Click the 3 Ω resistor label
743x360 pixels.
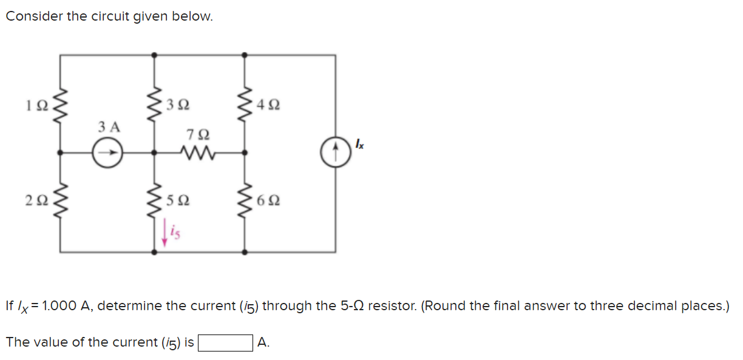click(x=178, y=104)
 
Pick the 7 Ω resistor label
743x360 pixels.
click(x=200, y=133)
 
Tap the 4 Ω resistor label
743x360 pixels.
click(x=269, y=104)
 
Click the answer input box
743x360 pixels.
click(x=226, y=343)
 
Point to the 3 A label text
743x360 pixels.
click(x=109, y=127)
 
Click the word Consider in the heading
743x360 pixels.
click(x=34, y=17)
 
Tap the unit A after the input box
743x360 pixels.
click(x=263, y=343)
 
